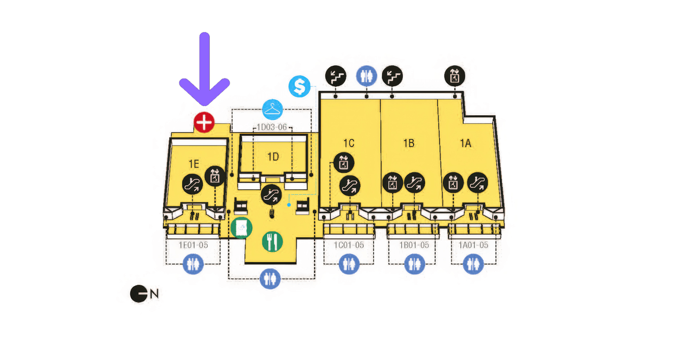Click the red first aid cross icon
click(x=204, y=123)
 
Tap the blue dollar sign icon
click(x=299, y=86)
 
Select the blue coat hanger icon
click(x=273, y=110)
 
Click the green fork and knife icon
click(x=272, y=242)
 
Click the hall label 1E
click(x=194, y=163)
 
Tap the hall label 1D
click(x=273, y=157)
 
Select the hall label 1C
click(x=348, y=143)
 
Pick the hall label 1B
click(x=409, y=143)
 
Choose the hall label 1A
click(x=466, y=143)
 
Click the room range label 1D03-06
click(x=272, y=127)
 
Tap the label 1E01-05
click(x=193, y=245)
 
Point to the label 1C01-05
click(x=349, y=245)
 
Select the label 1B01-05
click(x=414, y=245)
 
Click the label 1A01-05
click(x=473, y=245)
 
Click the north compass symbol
click(x=139, y=293)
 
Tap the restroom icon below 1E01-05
click(x=193, y=263)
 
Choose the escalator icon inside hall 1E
click(x=192, y=185)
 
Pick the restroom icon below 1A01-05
click(x=473, y=263)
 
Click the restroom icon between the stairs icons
click(x=367, y=76)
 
